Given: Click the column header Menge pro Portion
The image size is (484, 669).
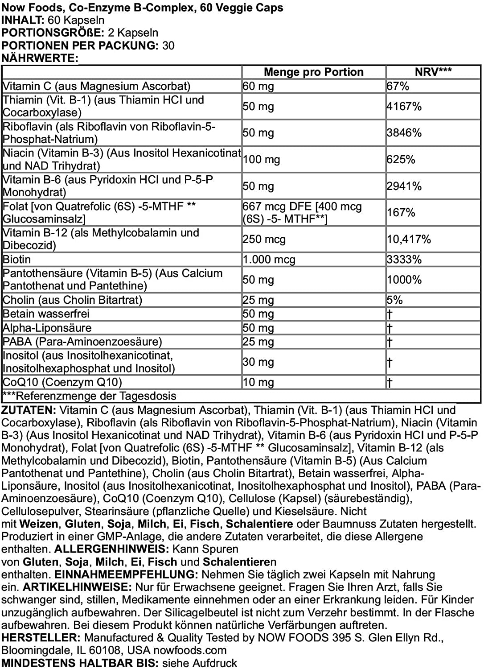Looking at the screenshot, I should coord(313,72).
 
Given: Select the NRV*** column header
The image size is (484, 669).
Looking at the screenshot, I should coord(433,72).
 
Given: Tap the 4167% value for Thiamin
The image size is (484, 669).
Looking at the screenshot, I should coord(404,107).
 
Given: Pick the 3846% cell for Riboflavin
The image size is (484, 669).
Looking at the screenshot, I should coord(404,133).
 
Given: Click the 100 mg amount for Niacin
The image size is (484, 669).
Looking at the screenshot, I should coord(261,160).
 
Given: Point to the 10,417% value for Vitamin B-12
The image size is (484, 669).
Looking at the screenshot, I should coord(409,240).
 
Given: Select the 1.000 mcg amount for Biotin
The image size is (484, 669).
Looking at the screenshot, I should coord(269,260).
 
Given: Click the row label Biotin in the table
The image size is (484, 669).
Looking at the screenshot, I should coord(17,260).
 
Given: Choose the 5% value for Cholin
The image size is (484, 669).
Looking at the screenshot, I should coord(394,300).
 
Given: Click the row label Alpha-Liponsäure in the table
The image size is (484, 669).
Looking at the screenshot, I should coord(47,328).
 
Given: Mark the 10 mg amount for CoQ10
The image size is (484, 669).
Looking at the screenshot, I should coord(258,383).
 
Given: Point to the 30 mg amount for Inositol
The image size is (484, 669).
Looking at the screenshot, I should coord(258,362).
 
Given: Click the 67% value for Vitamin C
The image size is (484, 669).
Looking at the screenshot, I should coord(398,86).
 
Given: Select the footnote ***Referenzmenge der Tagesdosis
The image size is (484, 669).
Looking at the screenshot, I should coord(89,396).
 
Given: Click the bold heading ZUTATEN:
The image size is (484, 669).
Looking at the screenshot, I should coord(29,410).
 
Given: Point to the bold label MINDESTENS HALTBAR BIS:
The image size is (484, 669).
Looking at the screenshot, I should coord(79,663).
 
